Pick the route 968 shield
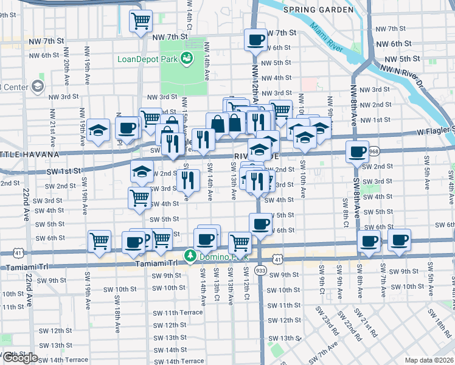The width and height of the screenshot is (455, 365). (373, 151)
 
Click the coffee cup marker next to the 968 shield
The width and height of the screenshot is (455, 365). (357, 151)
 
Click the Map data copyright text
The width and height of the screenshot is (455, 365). (429, 360)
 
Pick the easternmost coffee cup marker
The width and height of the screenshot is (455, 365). (399, 240)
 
